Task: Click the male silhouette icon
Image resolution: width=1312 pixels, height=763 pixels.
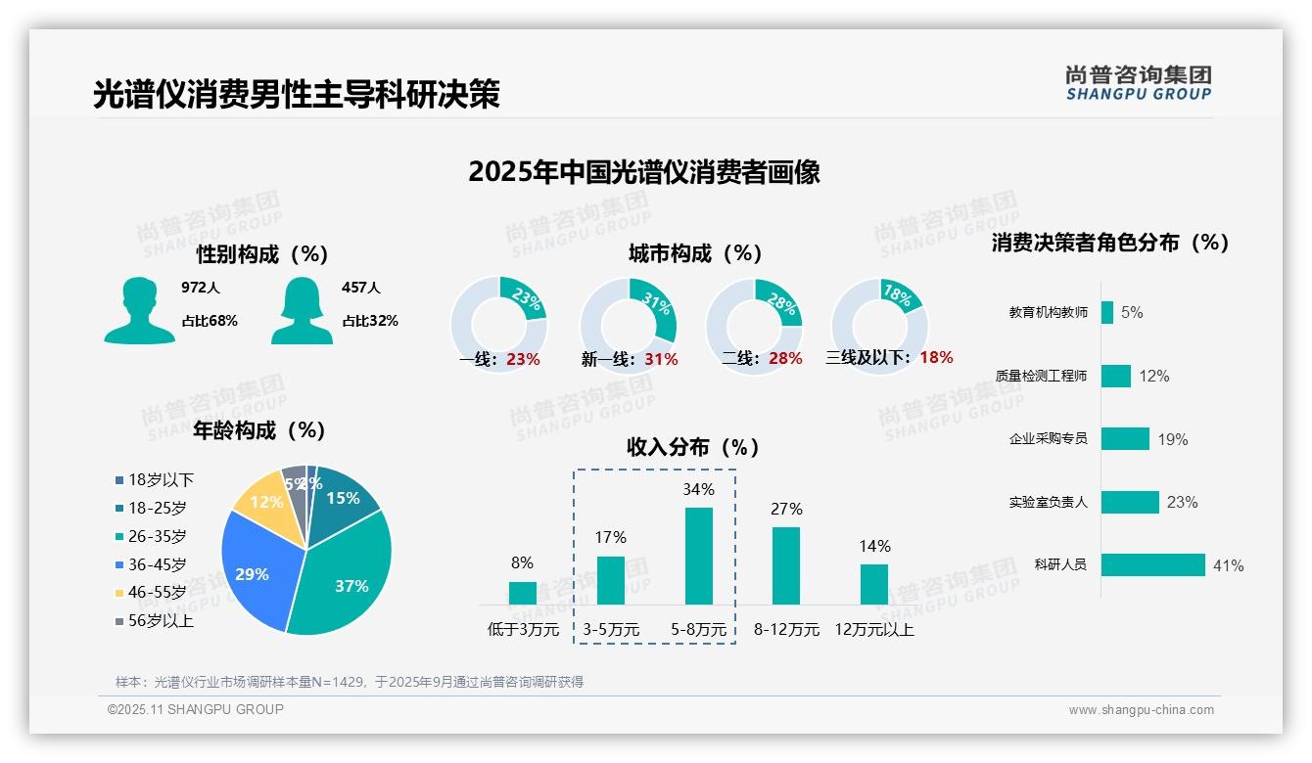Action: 140,311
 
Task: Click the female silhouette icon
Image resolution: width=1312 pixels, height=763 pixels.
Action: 302,311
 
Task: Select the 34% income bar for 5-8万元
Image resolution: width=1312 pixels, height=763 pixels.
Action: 699,556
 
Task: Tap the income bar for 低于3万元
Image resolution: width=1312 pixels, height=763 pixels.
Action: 523,593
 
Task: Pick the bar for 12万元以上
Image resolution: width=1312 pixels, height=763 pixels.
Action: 874,584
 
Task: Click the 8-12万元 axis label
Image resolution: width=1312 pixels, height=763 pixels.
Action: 786,630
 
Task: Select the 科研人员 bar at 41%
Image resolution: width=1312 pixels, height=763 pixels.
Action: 1152,565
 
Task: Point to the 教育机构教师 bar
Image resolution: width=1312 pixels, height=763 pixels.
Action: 1106,312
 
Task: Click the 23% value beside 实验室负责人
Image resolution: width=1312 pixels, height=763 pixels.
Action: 1182,503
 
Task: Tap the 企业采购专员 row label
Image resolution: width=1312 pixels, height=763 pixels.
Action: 1048,438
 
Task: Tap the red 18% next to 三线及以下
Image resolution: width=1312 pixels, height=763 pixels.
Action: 936,357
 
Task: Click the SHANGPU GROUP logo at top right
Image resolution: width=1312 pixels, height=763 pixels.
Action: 1139,82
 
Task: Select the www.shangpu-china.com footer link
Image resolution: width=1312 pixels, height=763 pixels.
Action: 1141,710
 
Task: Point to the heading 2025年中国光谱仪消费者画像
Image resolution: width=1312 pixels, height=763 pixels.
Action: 643,172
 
